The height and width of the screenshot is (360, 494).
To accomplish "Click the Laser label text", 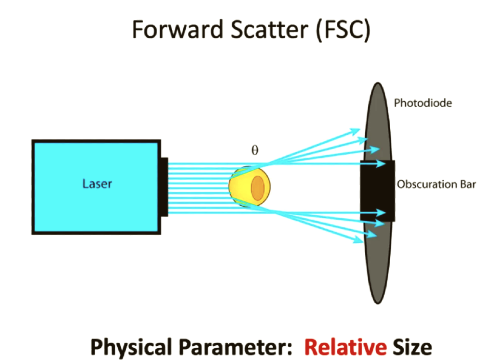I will point(97,184).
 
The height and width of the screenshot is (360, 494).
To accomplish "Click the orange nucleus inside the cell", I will point(258,186).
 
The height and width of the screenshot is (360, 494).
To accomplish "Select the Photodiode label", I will point(423,103).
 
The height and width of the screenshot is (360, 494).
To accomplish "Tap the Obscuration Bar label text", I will point(436,184).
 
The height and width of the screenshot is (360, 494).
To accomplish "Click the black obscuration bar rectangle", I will point(378,191).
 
